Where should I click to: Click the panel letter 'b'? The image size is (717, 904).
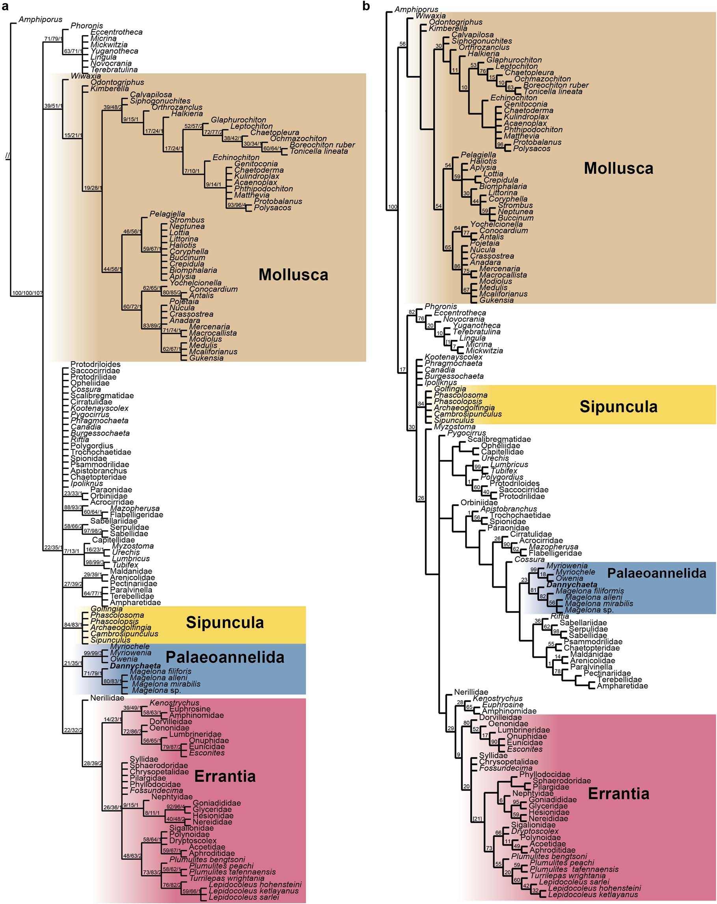coord(366,6)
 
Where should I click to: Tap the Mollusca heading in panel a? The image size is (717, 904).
coord(293,275)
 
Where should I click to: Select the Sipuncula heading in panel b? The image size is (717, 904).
coord(618,407)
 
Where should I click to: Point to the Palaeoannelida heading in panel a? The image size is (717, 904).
coord(225,657)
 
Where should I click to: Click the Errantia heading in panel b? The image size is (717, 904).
coord(618,793)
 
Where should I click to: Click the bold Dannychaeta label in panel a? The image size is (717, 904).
coord(136,665)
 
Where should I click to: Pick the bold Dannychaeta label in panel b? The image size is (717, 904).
coord(572,585)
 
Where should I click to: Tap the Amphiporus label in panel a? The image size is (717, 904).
coord(40,19)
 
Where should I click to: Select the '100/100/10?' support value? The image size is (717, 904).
coord(27,293)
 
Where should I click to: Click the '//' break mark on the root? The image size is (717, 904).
coord(7,156)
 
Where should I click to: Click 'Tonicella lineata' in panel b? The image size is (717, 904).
coord(553,91)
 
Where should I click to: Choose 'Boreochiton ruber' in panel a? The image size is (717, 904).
coord(322,145)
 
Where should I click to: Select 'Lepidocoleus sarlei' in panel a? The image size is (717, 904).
coord(244,897)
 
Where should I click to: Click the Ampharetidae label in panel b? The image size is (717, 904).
coord(622,686)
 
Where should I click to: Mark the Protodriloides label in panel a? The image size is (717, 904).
coord(95,364)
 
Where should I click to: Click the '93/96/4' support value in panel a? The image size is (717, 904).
coord(237,205)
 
